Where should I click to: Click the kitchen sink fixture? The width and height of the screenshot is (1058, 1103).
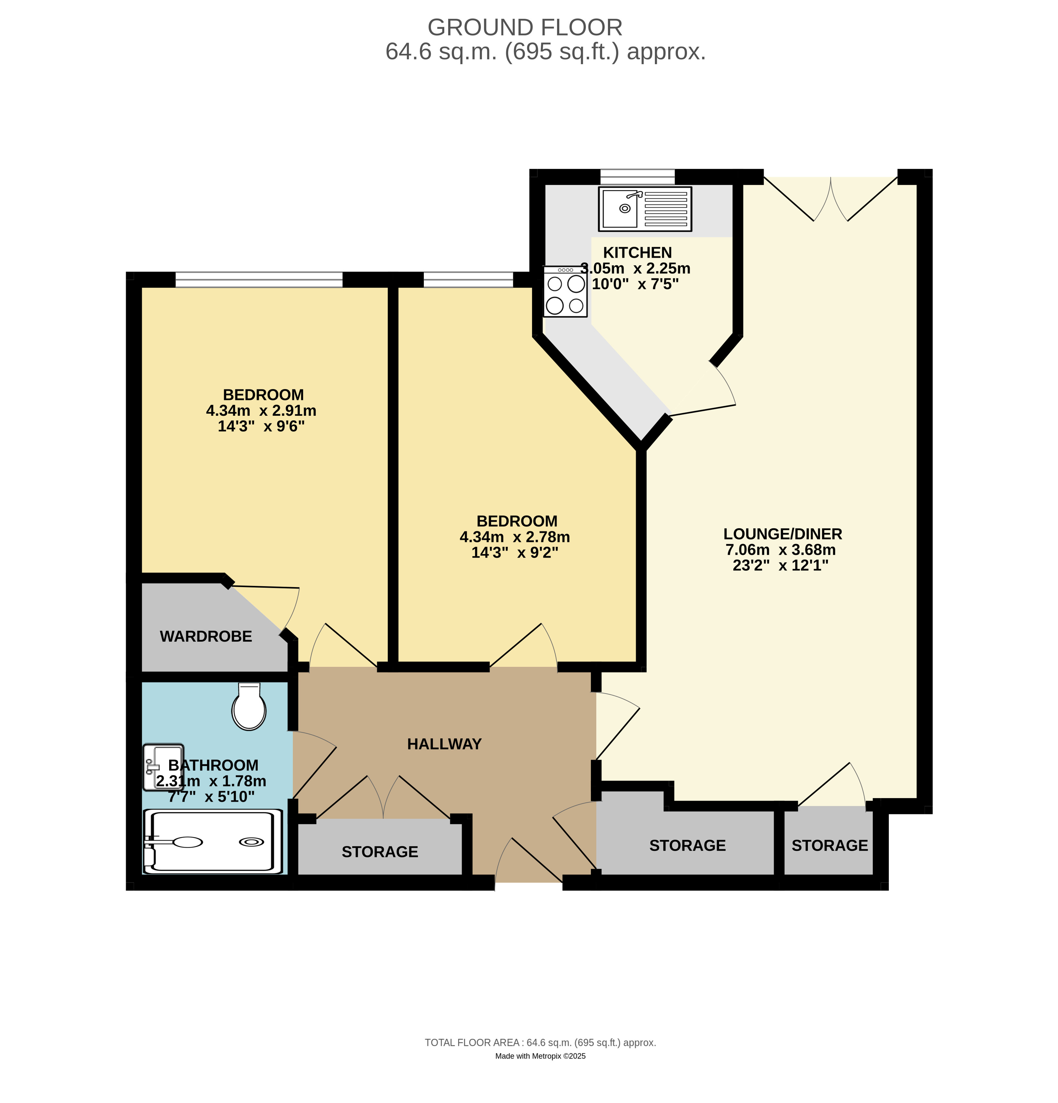tap(645, 209)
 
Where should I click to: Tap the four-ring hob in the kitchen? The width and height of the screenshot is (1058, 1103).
tap(565, 292)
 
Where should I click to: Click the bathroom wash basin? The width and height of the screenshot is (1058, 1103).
tap(163, 766)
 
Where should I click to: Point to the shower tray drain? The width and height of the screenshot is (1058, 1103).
tap(251, 842)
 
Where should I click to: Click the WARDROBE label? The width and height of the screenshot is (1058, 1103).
tap(206, 636)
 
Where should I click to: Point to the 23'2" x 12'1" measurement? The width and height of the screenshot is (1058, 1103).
tap(781, 565)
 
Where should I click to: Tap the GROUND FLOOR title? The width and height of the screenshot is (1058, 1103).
tap(525, 27)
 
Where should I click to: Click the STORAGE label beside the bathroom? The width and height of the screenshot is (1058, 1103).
tap(380, 852)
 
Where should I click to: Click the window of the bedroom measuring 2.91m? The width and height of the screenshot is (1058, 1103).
tap(259, 280)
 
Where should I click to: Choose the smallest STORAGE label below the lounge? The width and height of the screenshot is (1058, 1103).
tap(830, 845)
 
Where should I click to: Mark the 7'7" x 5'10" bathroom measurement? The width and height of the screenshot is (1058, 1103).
tap(211, 797)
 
